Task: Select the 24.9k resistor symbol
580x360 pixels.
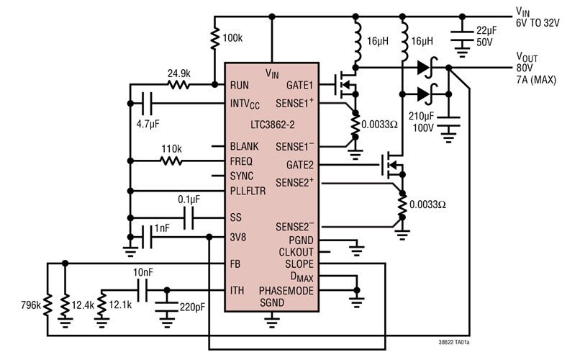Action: (178, 84)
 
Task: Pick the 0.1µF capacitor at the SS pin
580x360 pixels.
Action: (189, 217)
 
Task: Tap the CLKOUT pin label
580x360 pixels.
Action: (296, 252)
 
